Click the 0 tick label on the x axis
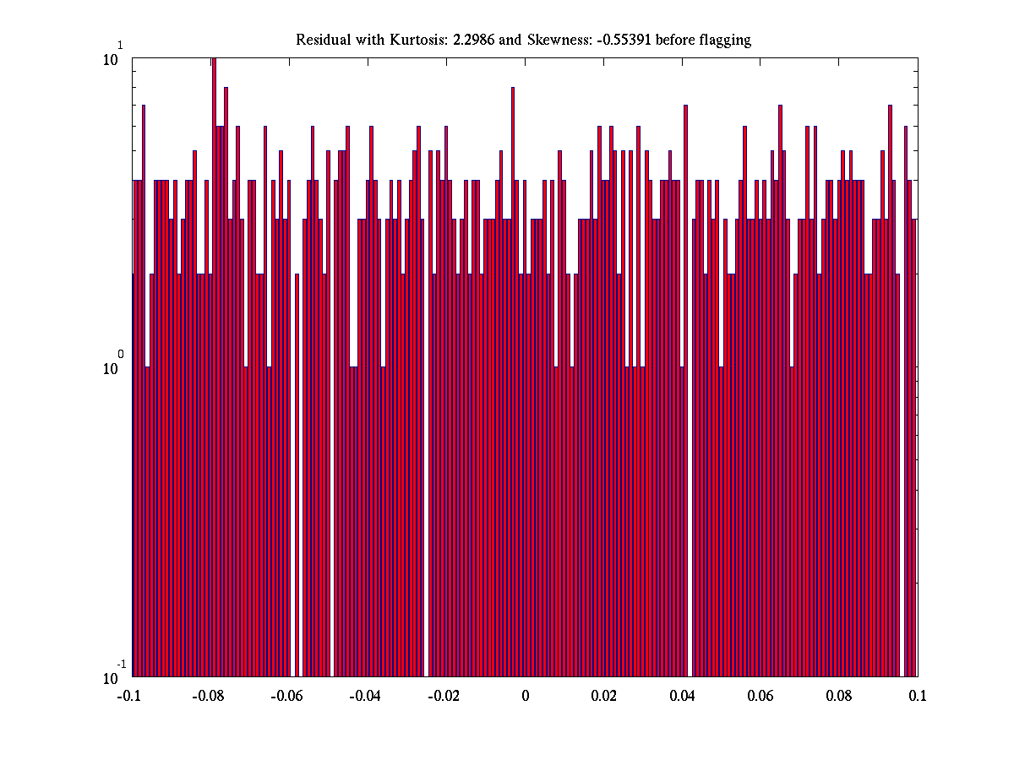(x=525, y=696)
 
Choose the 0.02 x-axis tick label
(x=604, y=696)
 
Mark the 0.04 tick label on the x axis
(x=683, y=696)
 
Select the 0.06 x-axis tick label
(x=761, y=696)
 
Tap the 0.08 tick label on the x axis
(x=840, y=696)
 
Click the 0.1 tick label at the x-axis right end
(x=918, y=696)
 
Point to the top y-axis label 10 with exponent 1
(x=112, y=58)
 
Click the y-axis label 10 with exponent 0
(x=112, y=367)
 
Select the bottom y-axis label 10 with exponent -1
(x=112, y=677)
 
